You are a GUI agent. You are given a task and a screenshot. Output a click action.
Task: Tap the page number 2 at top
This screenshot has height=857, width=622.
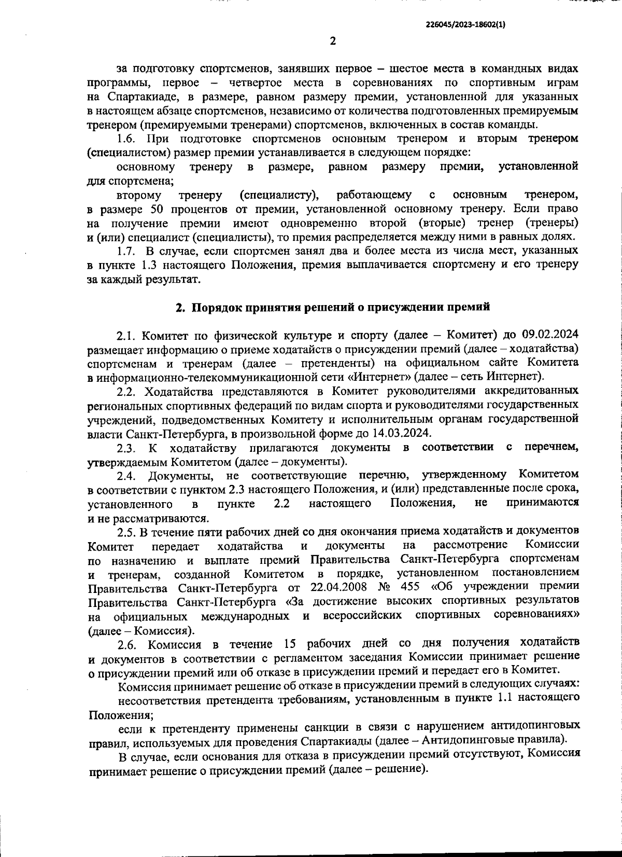pyautogui.click(x=333, y=42)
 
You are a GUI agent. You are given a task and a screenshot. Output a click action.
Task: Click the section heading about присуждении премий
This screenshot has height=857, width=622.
pyautogui.click(x=333, y=307)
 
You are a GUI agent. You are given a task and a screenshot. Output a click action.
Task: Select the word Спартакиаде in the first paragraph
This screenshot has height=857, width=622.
pyautogui.click(x=139, y=97)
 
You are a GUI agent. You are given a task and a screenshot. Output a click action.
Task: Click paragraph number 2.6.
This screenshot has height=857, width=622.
pyautogui.click(x=128, y=645)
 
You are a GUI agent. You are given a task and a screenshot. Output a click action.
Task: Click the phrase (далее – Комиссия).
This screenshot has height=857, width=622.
pyautogui.click(x=142, y=631)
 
